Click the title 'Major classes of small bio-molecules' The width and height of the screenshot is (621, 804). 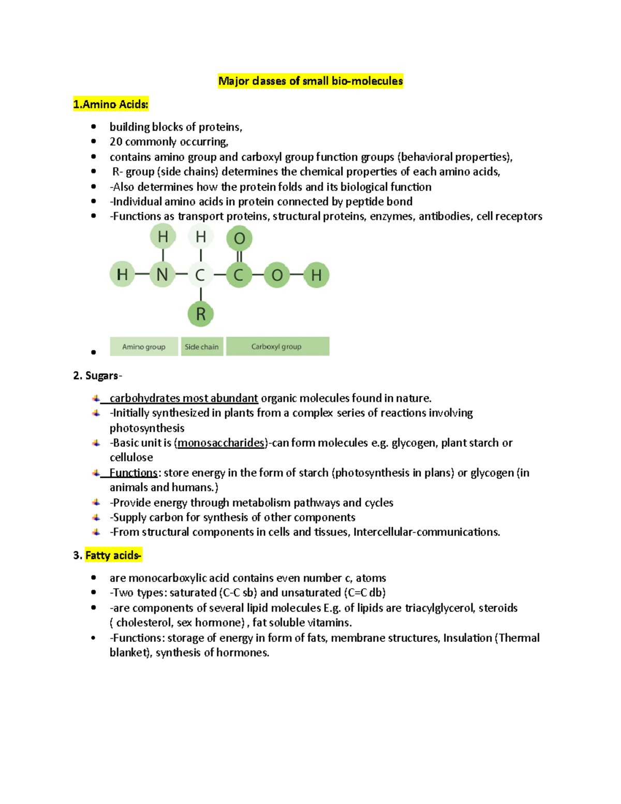tap(310, 81)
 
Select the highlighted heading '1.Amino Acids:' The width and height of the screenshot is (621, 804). tap(111, 105)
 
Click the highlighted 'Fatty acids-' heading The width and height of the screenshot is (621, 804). tap(113, 556)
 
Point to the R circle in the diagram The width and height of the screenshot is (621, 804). tap(201, 314)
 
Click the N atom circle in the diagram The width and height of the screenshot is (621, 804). tap(162, 275)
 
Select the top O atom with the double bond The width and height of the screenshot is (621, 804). tap(239, 239)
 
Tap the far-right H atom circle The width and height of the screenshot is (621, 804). tap(316, 275)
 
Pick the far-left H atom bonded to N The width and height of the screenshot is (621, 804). tap(123, 275)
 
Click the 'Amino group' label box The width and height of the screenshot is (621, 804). tap(144, 347)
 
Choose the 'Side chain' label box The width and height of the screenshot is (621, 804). tap(202, 347)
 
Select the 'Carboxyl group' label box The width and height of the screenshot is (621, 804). tap(277, 347)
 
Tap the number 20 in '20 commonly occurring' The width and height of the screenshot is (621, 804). tap(115, 142)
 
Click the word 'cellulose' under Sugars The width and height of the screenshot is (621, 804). tap(131, 458)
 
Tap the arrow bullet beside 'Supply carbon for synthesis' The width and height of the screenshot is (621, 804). tap(96, 518)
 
